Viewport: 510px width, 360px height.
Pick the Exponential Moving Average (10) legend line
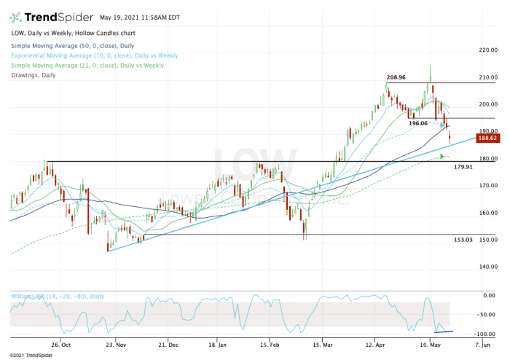[x=93, y=55]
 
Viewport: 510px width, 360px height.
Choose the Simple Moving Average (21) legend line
[x=87, y=65]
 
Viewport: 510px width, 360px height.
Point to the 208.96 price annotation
[x=396, y=77]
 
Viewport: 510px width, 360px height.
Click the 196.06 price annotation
[x=417, y=123]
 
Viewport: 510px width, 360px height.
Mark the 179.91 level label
[x=463, y=167]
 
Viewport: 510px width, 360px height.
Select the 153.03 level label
[x=463, y=240]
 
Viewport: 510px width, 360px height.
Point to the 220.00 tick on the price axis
[x=487, y=50]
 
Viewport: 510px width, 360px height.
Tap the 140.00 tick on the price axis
[x=487, y=267]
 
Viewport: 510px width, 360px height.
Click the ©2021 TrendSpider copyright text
[x=28, y=355]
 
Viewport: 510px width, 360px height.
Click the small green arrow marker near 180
[x=443, y=156]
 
